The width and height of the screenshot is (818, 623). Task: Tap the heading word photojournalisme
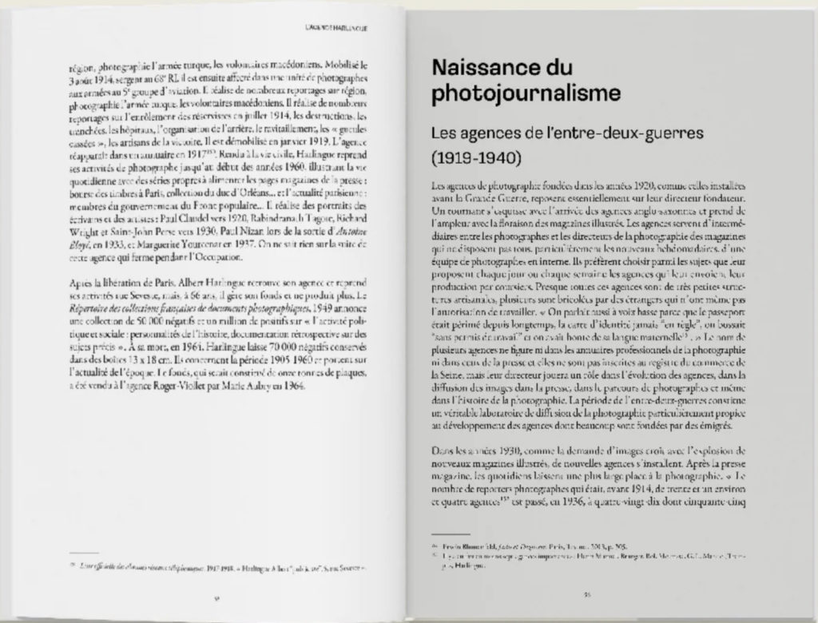pos(526,94)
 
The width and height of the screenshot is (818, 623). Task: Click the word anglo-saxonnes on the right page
pos(639,211)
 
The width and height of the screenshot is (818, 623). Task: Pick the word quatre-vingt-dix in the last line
pos(611,502)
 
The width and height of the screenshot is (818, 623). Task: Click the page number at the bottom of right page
pos(587,594)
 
